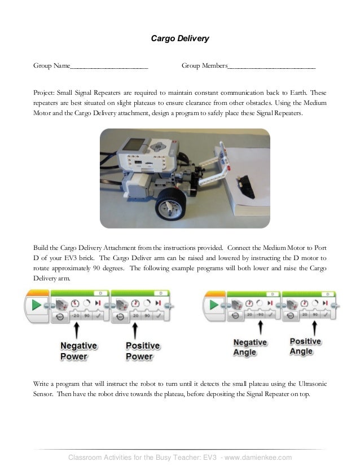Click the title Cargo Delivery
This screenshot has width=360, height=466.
point(179,39)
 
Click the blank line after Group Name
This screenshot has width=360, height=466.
point(109,67)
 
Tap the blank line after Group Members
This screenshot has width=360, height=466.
point(271,67)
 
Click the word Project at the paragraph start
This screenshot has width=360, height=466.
point(44,92)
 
